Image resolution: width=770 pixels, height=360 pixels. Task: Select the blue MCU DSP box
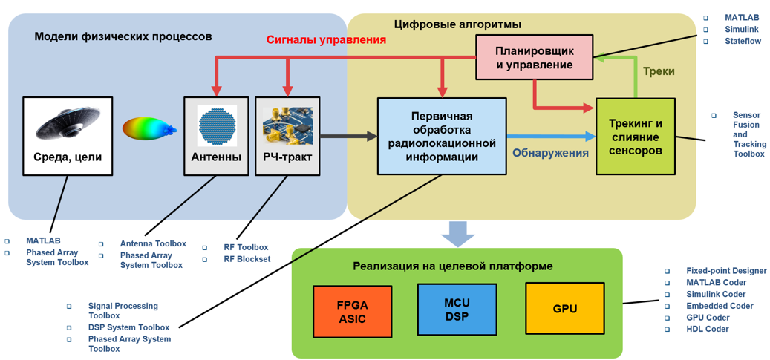[457, 309]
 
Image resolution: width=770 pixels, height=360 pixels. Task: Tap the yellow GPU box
[564, 308]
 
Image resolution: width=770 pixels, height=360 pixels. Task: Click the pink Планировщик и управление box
[534, 58]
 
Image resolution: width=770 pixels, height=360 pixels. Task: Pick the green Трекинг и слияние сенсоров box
[636, 137]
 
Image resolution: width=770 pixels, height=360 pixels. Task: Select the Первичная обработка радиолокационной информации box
[442, 137]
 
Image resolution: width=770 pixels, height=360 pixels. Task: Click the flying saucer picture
[67, 123]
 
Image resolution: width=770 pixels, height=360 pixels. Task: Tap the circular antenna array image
[217, 125]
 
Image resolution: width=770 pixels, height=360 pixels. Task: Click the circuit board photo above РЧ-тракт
[287, 126]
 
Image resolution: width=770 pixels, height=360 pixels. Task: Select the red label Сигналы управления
[326, 40]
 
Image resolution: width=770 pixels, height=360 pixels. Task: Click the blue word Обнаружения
[550, 154]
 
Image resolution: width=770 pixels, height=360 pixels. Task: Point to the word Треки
[659, 71]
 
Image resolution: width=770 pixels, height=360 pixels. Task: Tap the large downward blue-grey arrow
[455, 233]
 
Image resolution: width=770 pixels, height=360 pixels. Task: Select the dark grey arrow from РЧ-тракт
[349, 136]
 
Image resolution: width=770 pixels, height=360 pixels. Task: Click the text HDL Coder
[707, 329]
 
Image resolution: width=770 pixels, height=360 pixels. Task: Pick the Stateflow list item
[743, 42]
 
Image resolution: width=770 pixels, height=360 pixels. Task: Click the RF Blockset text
[247, 259]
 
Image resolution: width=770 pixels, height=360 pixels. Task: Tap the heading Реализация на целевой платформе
[452, 266]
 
